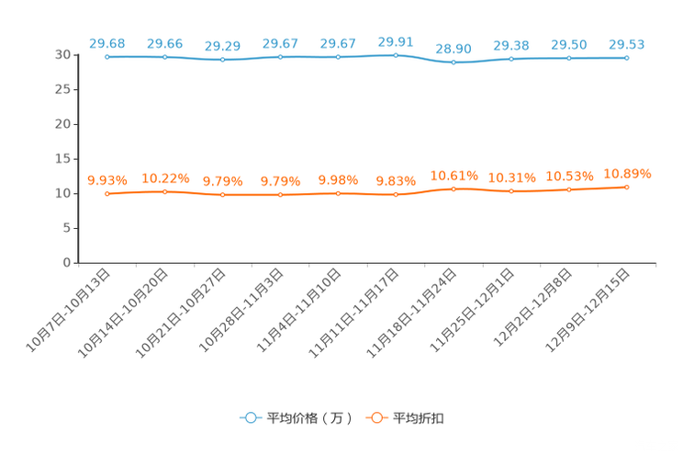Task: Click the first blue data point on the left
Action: [x=107, y=57]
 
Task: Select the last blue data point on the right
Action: [x=627, y=58]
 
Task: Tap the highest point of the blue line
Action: [x=396, y=55]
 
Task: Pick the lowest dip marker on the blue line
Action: [x=453, y=63]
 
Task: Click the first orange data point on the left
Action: [x=107, y=193]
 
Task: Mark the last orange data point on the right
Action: [x=627, y=187]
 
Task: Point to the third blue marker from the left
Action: [x=223, y=60]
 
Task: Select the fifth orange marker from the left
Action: [x=338, y=193]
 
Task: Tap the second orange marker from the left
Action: [x=165, y=191]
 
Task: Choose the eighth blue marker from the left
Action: [x=511, y=59]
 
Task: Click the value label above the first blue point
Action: [x=106, y=42]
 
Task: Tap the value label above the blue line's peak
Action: [x=396, y=40]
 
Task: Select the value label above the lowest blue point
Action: [x=453, y=48]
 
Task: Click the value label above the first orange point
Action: [x=106, y=179]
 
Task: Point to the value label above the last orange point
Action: [x=627, y=173]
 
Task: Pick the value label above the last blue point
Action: [x=627, y=43]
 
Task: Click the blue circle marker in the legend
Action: [x=249, y=417]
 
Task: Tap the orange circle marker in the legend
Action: [x=375, y=417]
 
